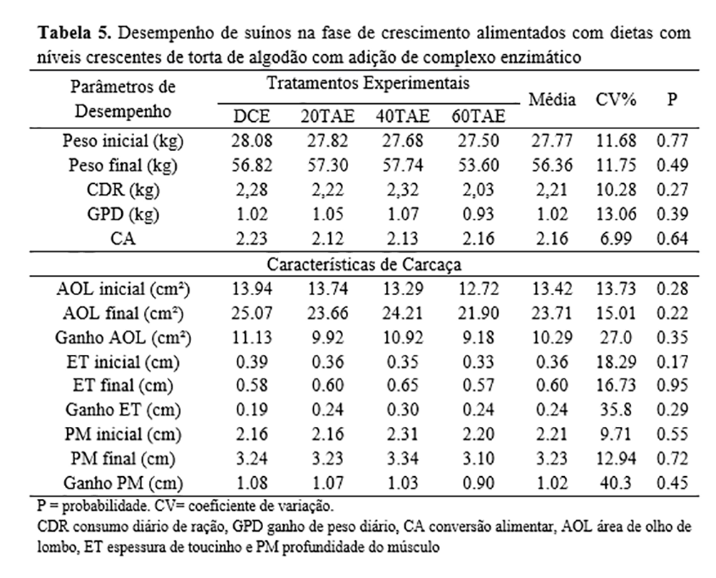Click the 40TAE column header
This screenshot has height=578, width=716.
pos(400,115)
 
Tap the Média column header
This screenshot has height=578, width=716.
pos(551,100)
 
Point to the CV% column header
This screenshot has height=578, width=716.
pos(614,100)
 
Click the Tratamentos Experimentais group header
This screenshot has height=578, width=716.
pos(368,83)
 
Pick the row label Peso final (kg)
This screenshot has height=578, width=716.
pos(123,165)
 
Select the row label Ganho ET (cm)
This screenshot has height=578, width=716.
pos(123,410)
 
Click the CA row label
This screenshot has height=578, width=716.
pos(123,239)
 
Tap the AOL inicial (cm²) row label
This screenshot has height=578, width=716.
pos(123,289)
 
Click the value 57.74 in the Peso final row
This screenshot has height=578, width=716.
pos(400,165)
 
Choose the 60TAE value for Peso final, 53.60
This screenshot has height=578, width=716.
pos(476,165)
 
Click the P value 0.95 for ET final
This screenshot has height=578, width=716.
pos(672,386)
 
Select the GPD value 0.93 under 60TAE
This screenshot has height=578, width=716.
pos(476,215)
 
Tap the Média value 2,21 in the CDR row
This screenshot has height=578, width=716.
pos(551,190)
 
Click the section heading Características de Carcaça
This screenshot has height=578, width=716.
pos(368,264)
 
